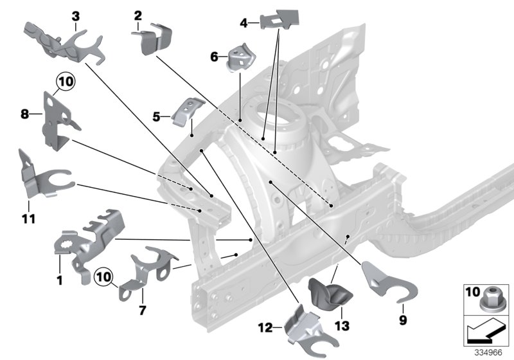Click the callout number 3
click(x=76, y=15)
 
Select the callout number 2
click(x=137, y=15)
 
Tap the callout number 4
click(x=244, y=24)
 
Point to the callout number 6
click(x=215, y=57)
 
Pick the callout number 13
click(x=342, y=327)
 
